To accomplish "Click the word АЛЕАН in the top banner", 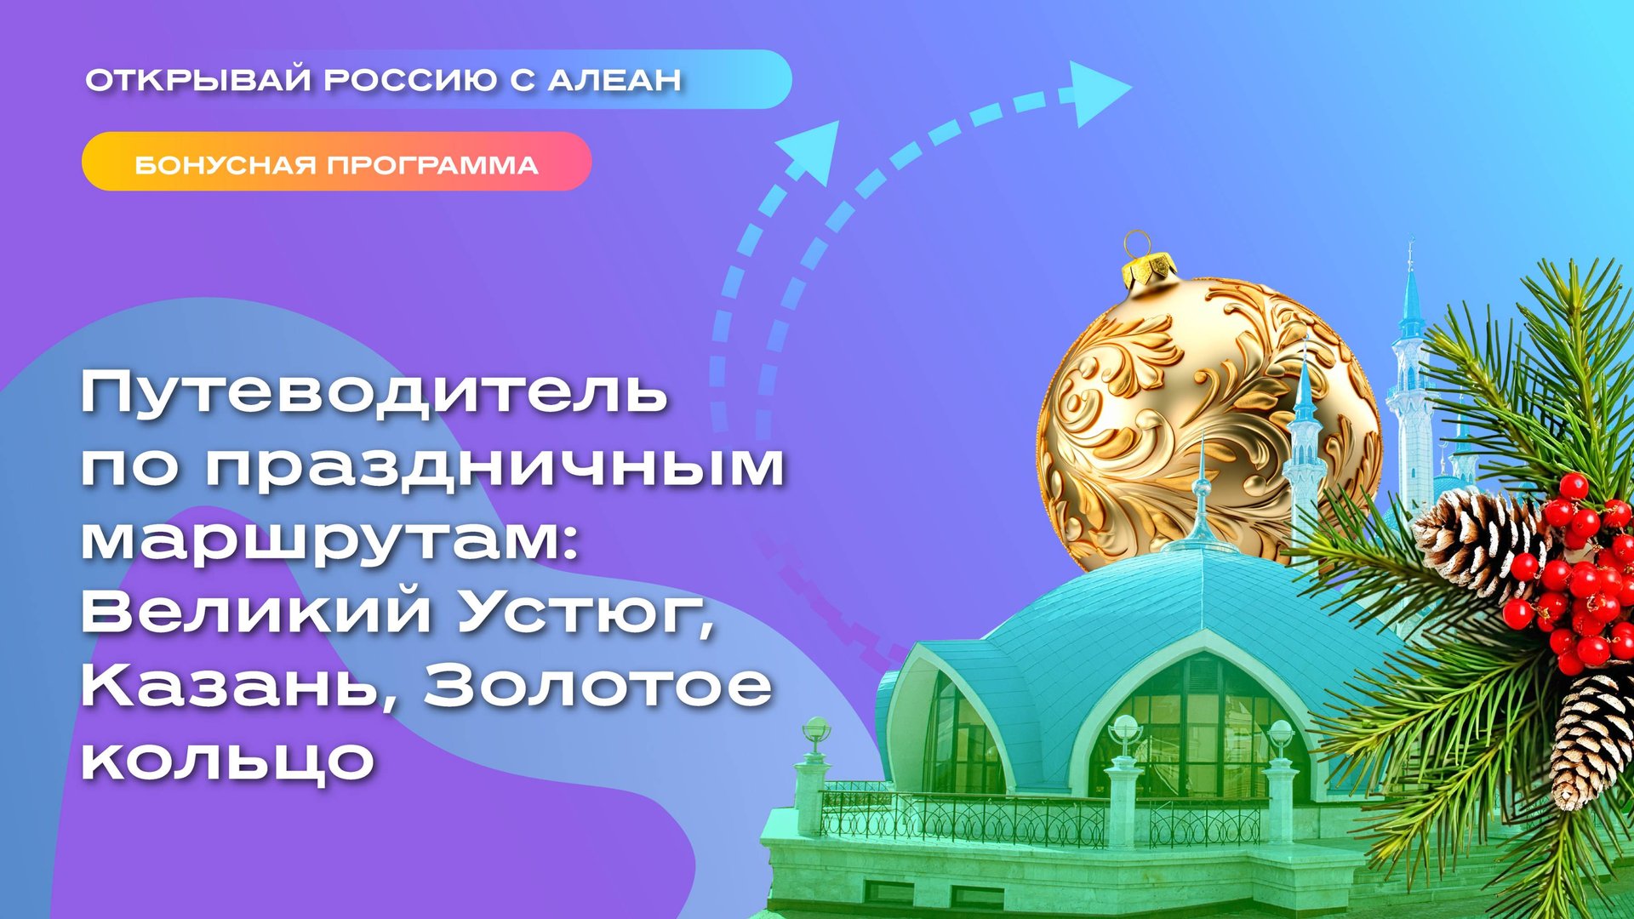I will pyautogui.click(x=614, y=80).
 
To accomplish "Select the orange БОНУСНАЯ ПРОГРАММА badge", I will pyautogui.click(x=336, y=162).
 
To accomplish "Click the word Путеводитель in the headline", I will pyautogui.click(x=374, y=393).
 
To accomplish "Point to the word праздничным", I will pyautogui.click(x=494, y=468).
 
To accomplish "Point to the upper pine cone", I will pyautogui.click(x=1477, y=540).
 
